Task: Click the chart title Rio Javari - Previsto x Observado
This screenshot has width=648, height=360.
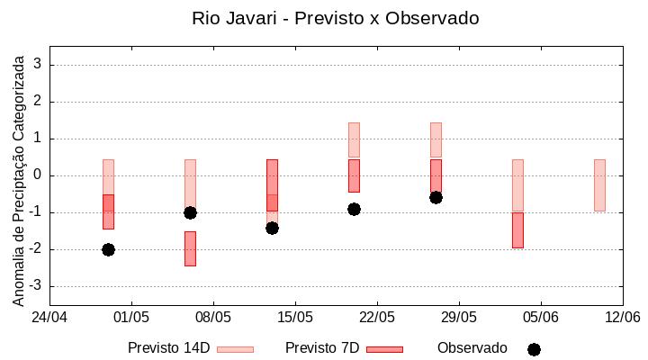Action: pyautogui.click(x=335, y=18)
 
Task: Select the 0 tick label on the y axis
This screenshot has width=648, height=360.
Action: pyautogui.click(x=38, y=175)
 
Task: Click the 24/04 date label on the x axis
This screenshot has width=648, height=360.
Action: pyautogui.click(x=49, y=317)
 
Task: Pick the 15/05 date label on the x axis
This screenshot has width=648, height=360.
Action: pyautogui.click(x=295, y=317)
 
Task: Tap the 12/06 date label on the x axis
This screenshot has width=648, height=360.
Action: pyautogui.click(x=622, y=317)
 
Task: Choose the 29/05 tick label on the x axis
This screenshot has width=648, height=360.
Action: pyautogui.click(x=458, y=317)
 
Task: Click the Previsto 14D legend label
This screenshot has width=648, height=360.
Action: pyautogui.click(x=169, y=348)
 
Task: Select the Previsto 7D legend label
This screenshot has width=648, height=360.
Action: pyautogui.click(x=322, y=348)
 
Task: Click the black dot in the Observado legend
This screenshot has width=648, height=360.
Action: pyautogui.click(x=534, y=349)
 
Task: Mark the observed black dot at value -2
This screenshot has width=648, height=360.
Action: pyautogui.click(x=108, y=249)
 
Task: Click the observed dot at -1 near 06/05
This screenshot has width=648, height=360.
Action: pyautogui.click(x=190, y=212)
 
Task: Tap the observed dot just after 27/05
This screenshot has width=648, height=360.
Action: pyautogui.click(x=436, y=197)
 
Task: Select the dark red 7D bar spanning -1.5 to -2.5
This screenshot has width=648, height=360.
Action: pyautogui.click(x=190, y=248)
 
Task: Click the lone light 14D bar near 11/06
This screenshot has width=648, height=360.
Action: pyautogui.click(x=599, y=185)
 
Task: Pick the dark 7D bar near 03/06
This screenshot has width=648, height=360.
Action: pyautogui.click(x=517, y=230)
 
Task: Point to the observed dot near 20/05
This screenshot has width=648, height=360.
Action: pyautogui.click(x=354, y=209)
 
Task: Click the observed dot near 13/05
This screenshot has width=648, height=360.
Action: pyautogui.click(x=272, y=228)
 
